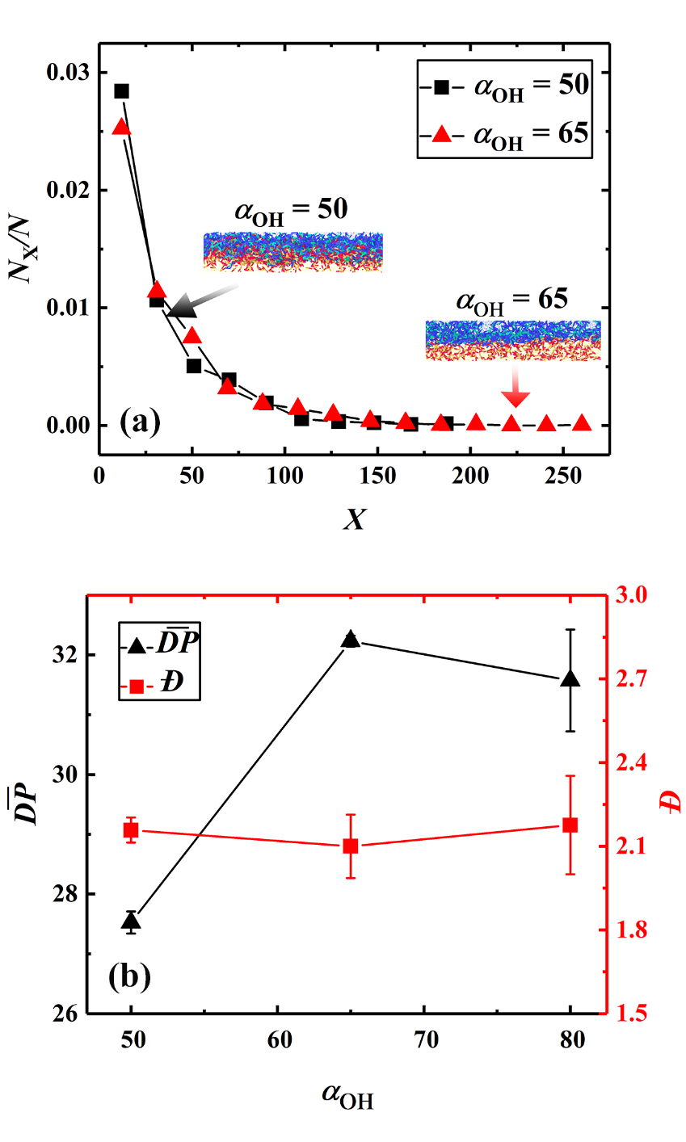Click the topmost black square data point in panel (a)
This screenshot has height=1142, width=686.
click(x=121, y=91)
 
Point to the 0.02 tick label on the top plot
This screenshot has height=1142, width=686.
click(x=67, y=191)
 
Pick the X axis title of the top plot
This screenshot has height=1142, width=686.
click(x=353, y=518)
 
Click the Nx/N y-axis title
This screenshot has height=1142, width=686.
click(x=23, y=250)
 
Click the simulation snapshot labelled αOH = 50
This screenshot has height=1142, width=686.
click(x=292, y=251)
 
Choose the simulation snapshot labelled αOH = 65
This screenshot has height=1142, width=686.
click(x=513, y=339)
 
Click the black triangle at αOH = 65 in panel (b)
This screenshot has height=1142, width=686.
click(x=351, y=640)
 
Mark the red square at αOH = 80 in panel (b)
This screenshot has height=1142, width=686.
click(x=570, y=825)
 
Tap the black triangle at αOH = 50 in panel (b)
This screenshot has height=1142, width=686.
click(x=132, y=921)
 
